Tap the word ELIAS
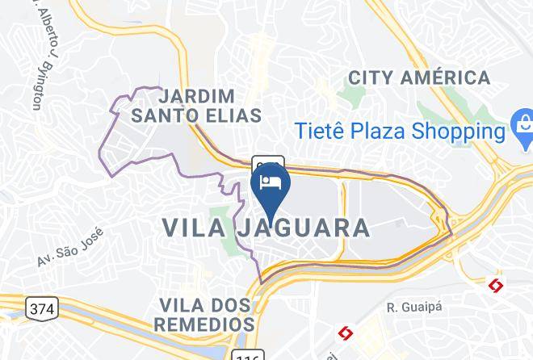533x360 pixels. pyautogui.click(x=233, y=115)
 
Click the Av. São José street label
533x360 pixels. pyautogui.click(x=71, y=250)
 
